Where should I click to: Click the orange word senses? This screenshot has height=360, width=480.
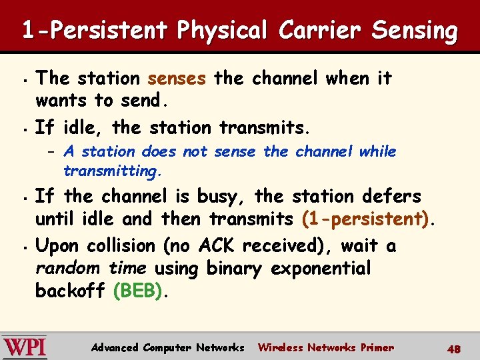click(177, 79)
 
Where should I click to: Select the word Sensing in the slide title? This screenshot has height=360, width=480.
click(415, 30)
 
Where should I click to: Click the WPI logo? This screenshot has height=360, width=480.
click(25, 347)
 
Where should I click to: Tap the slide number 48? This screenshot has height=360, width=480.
click(454, 348)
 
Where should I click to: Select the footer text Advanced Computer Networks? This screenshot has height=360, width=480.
click(168, 347)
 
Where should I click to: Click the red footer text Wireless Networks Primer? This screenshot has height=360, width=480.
click(326, 347)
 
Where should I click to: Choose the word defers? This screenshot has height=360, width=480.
click(391, 197)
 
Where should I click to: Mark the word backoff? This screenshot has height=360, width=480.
click(71, 291)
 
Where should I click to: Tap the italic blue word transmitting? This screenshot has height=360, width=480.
click(113, 171)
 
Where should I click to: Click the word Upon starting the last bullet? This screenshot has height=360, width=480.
click(55, 246)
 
